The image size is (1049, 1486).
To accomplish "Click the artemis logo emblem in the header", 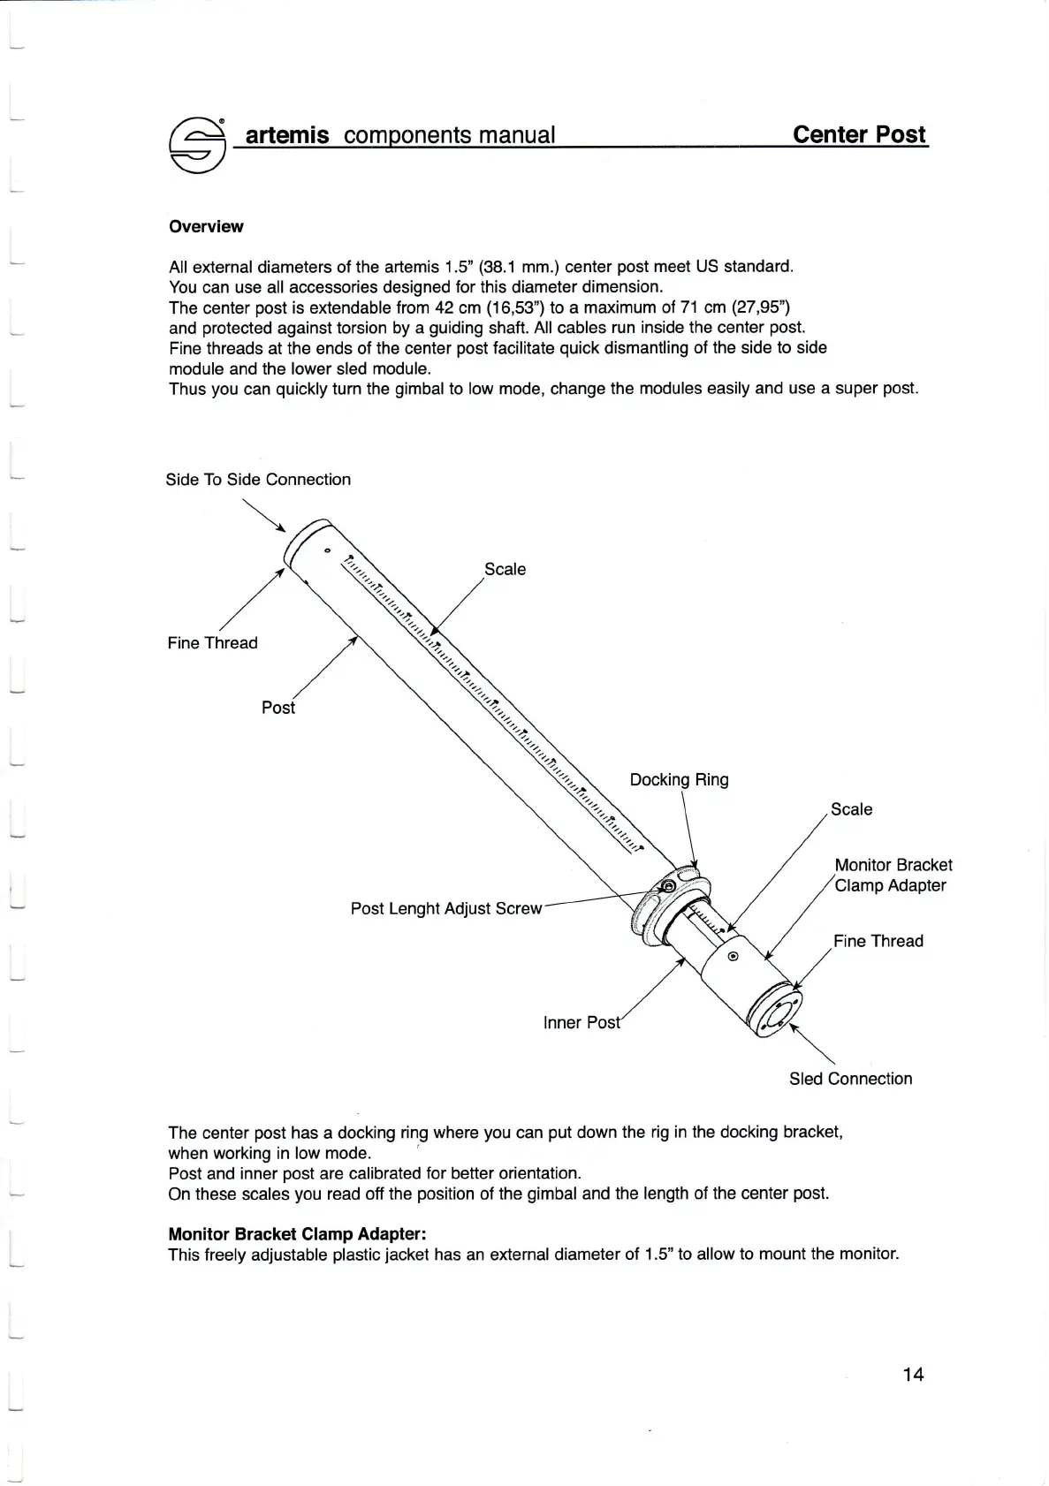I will [198, 143].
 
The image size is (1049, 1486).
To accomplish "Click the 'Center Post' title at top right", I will [859, 134].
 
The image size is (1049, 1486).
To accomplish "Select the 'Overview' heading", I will [206, 227].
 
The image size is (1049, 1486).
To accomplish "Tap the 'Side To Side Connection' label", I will [258, 480].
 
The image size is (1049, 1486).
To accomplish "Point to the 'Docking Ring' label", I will [679, 779].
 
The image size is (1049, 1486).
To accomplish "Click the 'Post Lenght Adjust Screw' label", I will [445, 908].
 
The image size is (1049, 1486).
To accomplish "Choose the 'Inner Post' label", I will [582, 1022].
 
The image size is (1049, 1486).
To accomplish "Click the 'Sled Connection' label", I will [850, 1079].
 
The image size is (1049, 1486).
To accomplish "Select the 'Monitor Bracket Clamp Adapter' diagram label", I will [893, 876].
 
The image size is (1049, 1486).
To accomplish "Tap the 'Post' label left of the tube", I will [277, 708].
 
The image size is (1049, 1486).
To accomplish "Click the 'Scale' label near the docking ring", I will [851, 809].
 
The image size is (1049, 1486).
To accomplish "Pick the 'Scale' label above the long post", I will [505, 569].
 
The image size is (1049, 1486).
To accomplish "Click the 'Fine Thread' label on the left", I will [212, 643].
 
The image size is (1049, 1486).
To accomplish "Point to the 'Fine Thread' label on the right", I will [878, 941].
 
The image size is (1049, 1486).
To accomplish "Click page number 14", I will [913, 1374].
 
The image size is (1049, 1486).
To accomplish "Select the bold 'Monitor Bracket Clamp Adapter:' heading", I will [297, 1233].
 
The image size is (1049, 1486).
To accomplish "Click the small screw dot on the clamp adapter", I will [733, 957].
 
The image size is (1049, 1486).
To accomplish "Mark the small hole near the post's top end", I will [327, 552].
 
